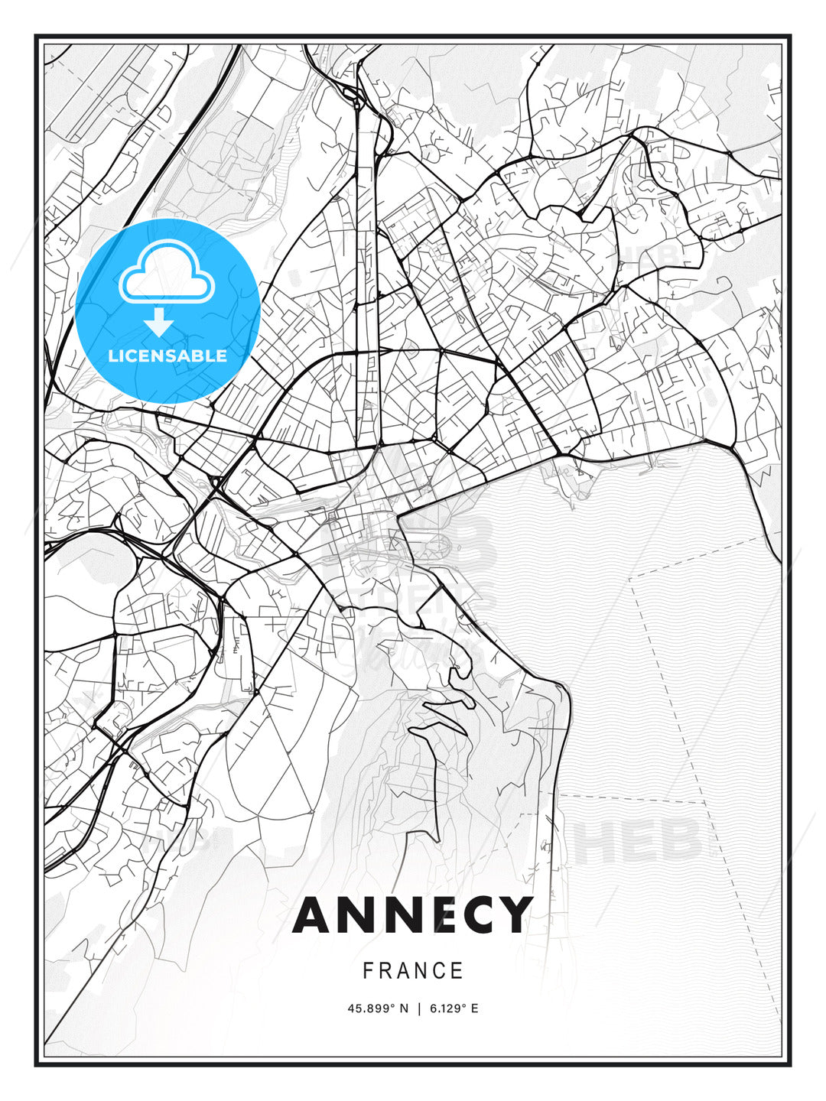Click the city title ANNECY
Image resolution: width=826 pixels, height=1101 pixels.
(x=412, y=914)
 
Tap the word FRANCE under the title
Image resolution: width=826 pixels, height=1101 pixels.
(x=413, y=971)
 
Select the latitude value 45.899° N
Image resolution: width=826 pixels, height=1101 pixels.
(x=378, y=1008)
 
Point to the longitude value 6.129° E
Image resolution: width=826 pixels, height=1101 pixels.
(x=454, y=1008)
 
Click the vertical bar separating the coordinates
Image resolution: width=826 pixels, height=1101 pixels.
(x=418, y=1008)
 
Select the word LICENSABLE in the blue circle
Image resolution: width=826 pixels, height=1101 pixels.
(x=167, y=356)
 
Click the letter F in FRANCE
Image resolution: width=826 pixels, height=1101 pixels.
(x=368, y=971)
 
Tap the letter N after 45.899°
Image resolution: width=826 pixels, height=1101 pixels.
(x=404, y=1008)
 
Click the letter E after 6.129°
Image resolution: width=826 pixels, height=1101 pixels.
(x=474, y=1008)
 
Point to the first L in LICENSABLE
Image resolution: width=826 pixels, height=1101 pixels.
(x=112, y=356)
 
